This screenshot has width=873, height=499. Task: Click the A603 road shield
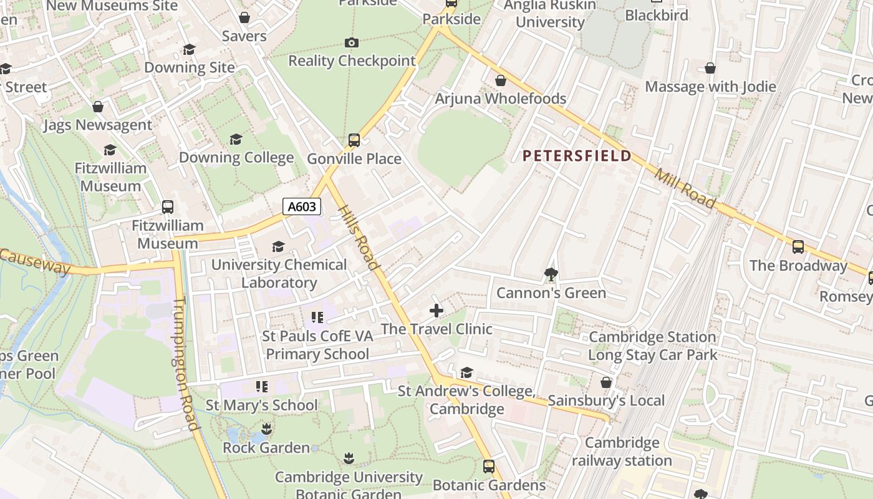[302, 206]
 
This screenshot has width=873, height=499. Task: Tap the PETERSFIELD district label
[577, 156]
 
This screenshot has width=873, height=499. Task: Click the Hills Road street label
[359, 237]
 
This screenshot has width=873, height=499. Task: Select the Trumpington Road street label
[185, 364]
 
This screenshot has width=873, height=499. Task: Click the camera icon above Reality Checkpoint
[352, 42]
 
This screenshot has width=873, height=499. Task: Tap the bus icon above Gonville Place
[354, 140]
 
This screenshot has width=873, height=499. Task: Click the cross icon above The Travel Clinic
[436, 310]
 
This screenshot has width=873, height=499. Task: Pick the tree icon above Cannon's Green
[551, 274]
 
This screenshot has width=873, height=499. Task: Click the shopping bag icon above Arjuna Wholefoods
[500, 80]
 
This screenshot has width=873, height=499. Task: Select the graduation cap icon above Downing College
[236, 139]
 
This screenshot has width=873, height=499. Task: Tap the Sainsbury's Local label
[606, 400]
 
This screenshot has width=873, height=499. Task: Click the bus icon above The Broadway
[798, 247]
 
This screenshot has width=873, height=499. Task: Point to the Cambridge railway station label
[622, 452]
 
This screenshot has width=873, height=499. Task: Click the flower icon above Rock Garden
[266, 429]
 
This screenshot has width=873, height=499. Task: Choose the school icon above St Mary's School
[261, 387]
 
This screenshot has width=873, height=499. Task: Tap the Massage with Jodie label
[710, 87]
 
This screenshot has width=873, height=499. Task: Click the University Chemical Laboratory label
[279, 273]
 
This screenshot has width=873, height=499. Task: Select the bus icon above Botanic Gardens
[489, 466]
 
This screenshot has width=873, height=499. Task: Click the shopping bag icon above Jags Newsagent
[98, 107]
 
